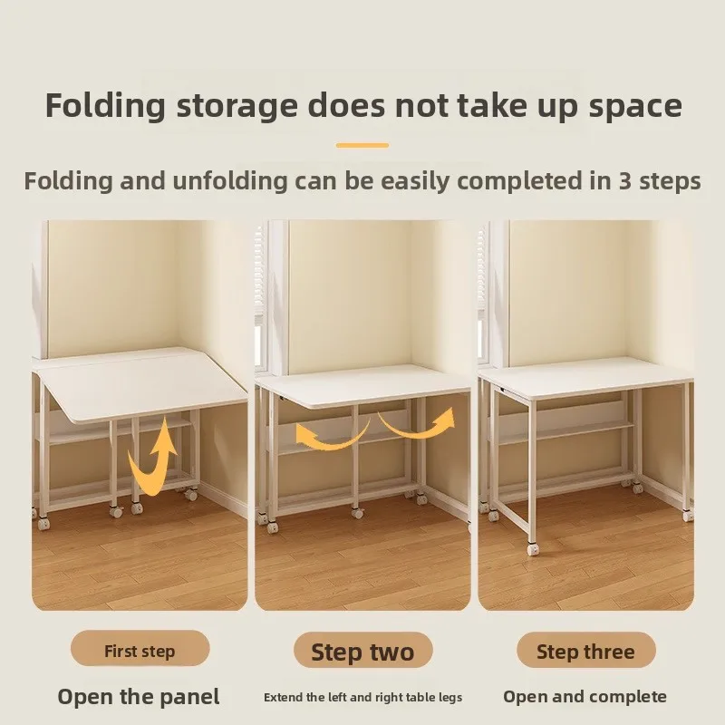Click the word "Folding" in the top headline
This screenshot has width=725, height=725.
106,105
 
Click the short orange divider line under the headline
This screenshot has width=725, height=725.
362,145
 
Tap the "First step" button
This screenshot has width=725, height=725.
140,650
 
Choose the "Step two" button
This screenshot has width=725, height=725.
362,651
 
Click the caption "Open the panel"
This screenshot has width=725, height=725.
139,697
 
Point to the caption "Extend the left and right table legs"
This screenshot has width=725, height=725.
362,697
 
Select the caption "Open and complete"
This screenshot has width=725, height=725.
585,697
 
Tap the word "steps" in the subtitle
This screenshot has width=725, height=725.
670,180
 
